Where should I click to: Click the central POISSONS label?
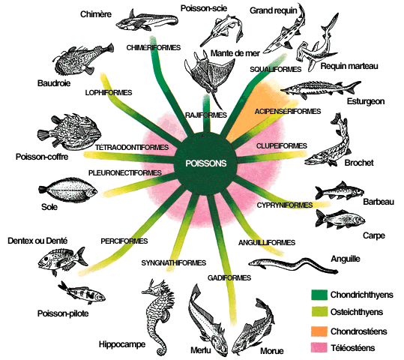[206, 163]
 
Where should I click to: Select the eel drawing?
[292, 265]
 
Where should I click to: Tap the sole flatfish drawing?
[68, 190]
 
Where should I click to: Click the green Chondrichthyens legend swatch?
[319, 295]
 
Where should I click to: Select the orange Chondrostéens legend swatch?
[319, 331]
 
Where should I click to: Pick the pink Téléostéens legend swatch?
[319, 347]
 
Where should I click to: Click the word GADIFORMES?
[229, 277]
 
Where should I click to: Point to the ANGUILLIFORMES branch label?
[267, 243]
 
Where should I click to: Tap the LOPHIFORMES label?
[109, 92]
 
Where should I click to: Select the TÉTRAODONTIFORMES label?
[132, 148]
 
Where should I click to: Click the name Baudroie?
[54, 83]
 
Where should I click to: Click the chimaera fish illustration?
[147, 20]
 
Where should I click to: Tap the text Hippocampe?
[122, 344]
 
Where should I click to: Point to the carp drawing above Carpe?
[340, 219]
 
